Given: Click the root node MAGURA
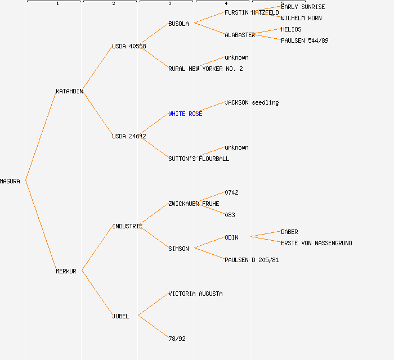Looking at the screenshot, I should [10, 181].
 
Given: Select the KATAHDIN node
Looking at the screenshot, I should [69, 91].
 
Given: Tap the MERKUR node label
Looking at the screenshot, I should [66, 271].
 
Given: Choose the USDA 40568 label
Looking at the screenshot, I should [129, 46].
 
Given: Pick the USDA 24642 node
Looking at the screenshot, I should [129, 136].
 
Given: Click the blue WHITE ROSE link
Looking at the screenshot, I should [185, 114].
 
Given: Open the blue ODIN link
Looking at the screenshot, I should [231, 237].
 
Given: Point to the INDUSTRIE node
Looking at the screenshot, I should [127, 226].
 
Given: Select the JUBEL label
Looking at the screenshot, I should [120, 316].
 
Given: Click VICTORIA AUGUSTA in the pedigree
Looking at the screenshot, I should [195, 294].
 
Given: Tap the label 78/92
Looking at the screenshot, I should [177, 339].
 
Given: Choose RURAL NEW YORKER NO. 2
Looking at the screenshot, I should [205, 69].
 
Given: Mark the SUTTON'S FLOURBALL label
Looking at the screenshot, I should [199, 159].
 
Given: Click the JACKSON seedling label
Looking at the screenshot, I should [252, 102].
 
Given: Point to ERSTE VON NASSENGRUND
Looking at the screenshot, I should [316, 243].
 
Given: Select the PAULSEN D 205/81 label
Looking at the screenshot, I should [252, 260].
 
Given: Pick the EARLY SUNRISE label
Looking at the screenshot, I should [303, 7].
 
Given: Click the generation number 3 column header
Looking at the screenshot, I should [169, 3].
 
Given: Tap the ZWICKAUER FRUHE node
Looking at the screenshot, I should [194, 204].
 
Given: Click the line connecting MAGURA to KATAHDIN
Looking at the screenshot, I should [41, 136].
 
